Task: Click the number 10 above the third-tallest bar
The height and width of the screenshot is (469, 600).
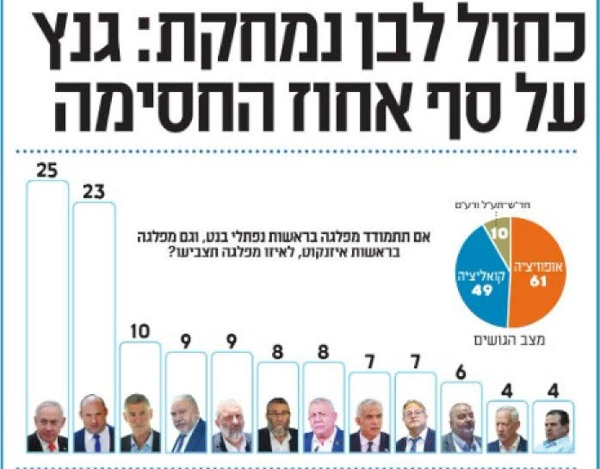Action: tap(139, 331)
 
